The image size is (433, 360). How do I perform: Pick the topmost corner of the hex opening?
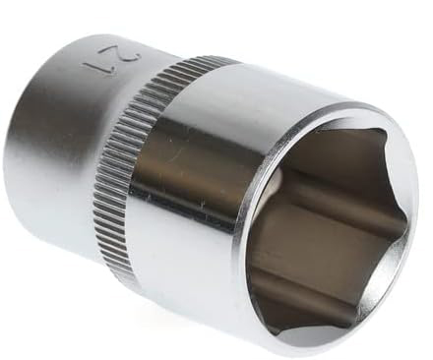click(x=383, y=131)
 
